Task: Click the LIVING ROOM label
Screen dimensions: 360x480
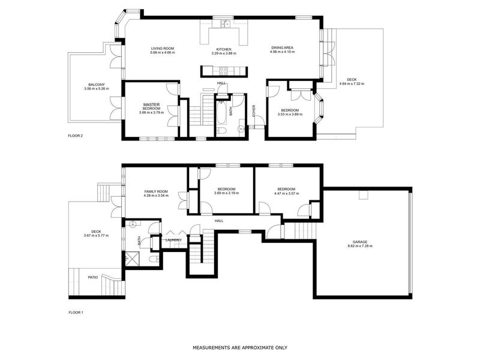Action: pos(162,48)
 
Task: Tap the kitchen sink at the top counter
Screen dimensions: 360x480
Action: pos(224,25)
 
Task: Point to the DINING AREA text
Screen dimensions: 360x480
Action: pos(282,48)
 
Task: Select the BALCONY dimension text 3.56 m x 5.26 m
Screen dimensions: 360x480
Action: pos(97,89)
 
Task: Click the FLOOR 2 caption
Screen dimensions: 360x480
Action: pos(76,136)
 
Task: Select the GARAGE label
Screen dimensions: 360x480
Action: pos(361,242)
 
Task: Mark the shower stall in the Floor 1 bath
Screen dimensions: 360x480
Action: pos(131,259)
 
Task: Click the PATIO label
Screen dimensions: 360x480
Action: pos(92,277)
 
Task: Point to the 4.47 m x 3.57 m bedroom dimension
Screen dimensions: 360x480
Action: pos(287,193)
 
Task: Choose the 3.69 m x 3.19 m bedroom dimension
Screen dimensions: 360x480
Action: pos(227,193)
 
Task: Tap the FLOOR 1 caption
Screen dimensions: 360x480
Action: pos(76,313)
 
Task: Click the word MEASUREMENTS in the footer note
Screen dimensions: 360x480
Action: pos(211,347)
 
